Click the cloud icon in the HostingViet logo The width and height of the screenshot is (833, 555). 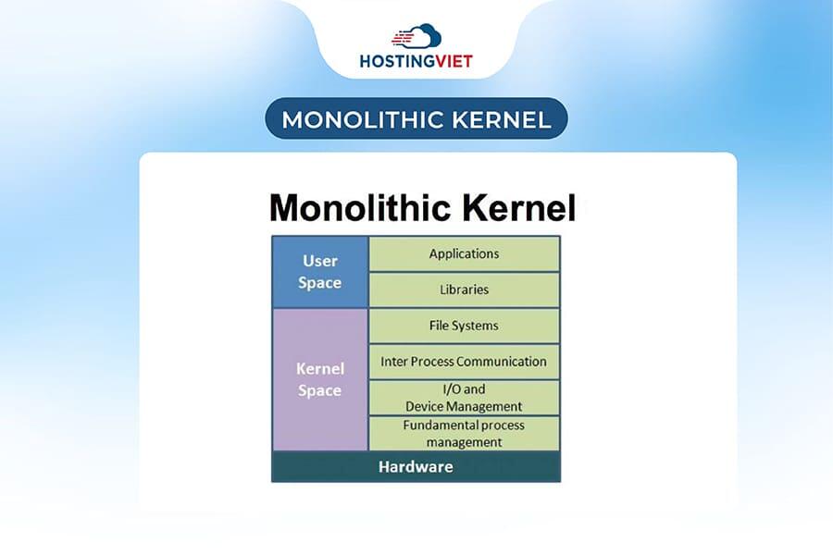(x=416, y=36)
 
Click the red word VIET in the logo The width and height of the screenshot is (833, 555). (x=452, y=61)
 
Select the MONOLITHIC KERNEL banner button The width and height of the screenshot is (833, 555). (x=416, y=119)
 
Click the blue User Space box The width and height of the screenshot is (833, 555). (x=320, y=272)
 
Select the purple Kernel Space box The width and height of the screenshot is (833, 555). (x=320, y=379)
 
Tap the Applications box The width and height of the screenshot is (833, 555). (x=464, y=253)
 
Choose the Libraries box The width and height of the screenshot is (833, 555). (x=464, y=290)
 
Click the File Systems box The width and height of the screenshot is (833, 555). (x=464, y=326)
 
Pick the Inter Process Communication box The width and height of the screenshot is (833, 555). (x=464, y=362)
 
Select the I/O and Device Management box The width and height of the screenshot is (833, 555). (x=464, y=398)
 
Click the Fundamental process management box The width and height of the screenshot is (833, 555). (x=464, y=434)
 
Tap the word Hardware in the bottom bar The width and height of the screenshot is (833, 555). (x=416, y=467)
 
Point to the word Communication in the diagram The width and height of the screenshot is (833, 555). (x=499, y=362)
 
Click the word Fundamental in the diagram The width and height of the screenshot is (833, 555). (x=437, y=425)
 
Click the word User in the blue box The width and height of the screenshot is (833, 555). (x=320, y=262)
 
